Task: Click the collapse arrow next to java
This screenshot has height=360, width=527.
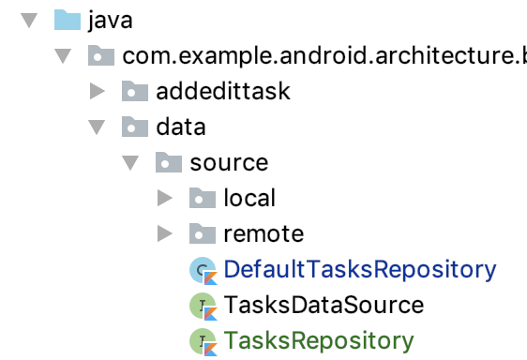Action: (29, 21)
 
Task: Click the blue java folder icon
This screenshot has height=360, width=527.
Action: (68, 20)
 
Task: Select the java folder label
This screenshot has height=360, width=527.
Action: (111, 21)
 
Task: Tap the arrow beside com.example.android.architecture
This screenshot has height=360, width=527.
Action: (63, 56)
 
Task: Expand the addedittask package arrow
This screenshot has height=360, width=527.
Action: (98, 92)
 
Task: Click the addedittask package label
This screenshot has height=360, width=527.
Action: (223, 91)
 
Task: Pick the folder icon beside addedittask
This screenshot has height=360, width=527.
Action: (135, 91)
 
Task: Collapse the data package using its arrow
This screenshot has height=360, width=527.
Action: (97, 127)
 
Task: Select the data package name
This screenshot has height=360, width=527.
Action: (181, 127)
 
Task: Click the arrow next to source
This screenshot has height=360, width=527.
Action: (130, 163)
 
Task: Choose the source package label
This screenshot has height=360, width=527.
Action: (229, 163)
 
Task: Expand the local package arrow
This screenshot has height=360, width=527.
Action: (165, 198)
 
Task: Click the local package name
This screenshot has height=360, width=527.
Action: (249, 198)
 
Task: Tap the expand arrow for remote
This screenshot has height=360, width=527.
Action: (165, 233)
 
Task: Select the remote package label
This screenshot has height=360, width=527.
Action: (263, 233)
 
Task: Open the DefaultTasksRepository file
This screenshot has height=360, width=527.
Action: (360, 270)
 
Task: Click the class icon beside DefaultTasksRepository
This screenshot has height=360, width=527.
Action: (203, 271)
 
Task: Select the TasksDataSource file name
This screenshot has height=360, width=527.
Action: (324, 305)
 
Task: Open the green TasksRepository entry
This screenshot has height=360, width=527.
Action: (319, 341)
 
